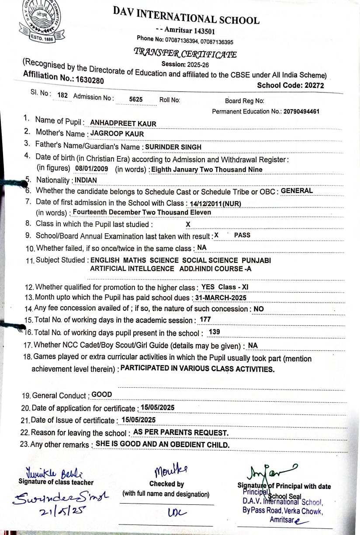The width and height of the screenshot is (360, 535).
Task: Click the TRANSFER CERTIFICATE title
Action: click(x=185, y=54)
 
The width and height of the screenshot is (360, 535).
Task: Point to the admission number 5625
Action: click(x=136, y=100)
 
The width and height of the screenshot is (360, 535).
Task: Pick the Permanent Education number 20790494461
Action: click(x=301, y=111)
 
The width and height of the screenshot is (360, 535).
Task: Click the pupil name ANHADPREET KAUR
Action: click(x=123, y=124)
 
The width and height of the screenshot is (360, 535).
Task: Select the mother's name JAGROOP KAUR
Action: click(x=117, y=134)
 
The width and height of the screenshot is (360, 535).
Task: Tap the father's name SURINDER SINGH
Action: click(x=173, y=147)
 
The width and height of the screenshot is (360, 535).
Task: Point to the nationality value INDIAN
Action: click(x=86, y=180)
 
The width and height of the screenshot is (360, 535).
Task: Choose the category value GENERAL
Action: click(x=297, y=190)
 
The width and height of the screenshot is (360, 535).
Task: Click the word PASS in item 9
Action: click(x=242, y=235)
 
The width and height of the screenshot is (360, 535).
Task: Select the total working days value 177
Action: click(x=205, y=319)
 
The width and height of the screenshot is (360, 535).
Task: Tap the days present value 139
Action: click(x=214, y=332)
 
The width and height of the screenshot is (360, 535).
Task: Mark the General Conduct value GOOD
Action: click(x=102, y=394)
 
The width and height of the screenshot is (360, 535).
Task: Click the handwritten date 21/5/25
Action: click(x=51, y=510)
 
